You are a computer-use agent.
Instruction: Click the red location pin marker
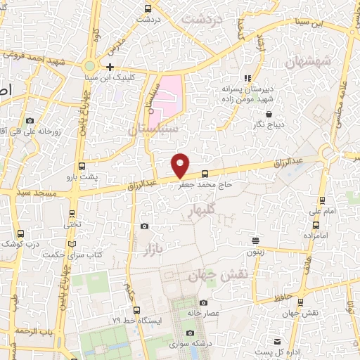181,165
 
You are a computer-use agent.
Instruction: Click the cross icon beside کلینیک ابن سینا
110,67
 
